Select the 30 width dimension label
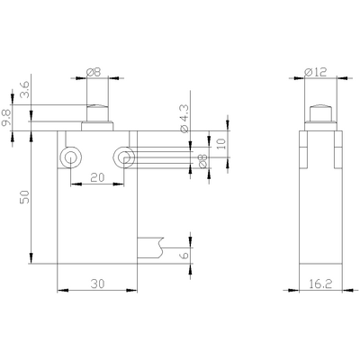tap(97, 282)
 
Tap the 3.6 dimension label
tap(24, 91)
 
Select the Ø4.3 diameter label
tap(183, 117)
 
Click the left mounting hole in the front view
tap(68, 158)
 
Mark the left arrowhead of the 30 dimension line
tap(60, 291)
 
